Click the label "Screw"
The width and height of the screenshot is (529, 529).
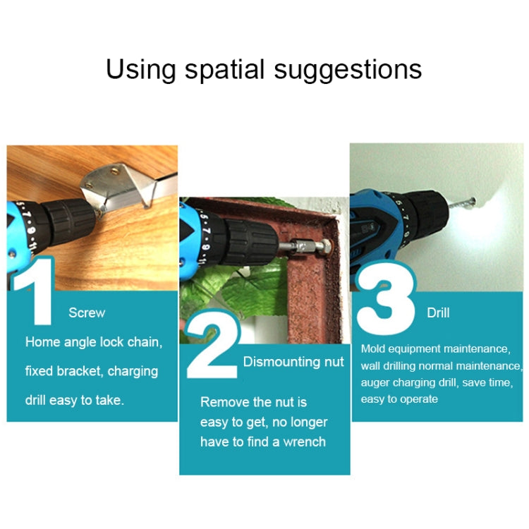tap(87, 312)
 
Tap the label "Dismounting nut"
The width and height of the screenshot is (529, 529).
tap(293, 362)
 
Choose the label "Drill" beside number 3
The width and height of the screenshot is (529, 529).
tap(438, 312)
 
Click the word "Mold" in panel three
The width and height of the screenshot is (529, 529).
tap(372, 348)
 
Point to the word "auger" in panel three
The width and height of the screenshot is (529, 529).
tap(375, 382)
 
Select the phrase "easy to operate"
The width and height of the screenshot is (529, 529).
tap(399, 399)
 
